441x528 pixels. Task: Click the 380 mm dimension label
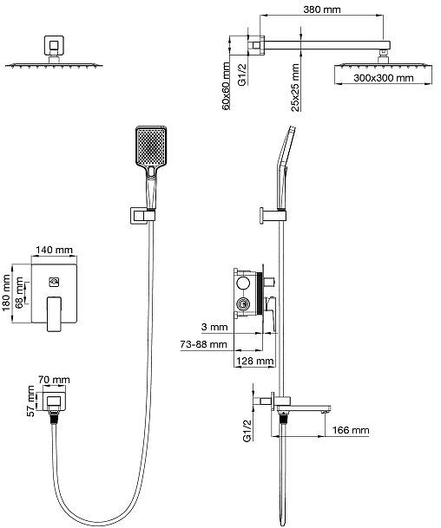click(x=322, y=10)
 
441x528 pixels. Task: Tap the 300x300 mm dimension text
click(x=384, y=78)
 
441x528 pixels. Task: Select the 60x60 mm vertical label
click(x=226, y=86)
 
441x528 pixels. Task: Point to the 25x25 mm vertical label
click(x=295, y=88)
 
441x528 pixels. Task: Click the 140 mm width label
click(x=54, y=250)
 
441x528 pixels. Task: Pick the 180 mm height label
click(x=6, y=293)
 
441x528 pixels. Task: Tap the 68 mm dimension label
click(x=19, y=290)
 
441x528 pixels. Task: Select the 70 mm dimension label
click(x=54, y=380)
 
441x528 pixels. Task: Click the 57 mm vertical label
click(x=30, y=401)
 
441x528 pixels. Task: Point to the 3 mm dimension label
click(x=214, y=327)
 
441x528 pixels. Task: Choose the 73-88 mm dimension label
click(x=203, y=344)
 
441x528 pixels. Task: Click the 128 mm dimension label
click(x=255, y=362)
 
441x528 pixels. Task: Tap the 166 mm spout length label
click(x=351, y=430)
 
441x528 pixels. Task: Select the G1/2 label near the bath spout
click(x=247, y=431)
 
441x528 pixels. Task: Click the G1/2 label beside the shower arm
click(x=243, y=75)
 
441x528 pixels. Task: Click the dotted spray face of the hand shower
click(x=151, y=146)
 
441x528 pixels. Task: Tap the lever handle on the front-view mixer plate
click(x=55, y=313)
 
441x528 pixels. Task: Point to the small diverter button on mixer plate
click(x=55, y=282)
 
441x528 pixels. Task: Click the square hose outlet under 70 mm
click(x=54, y=401)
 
